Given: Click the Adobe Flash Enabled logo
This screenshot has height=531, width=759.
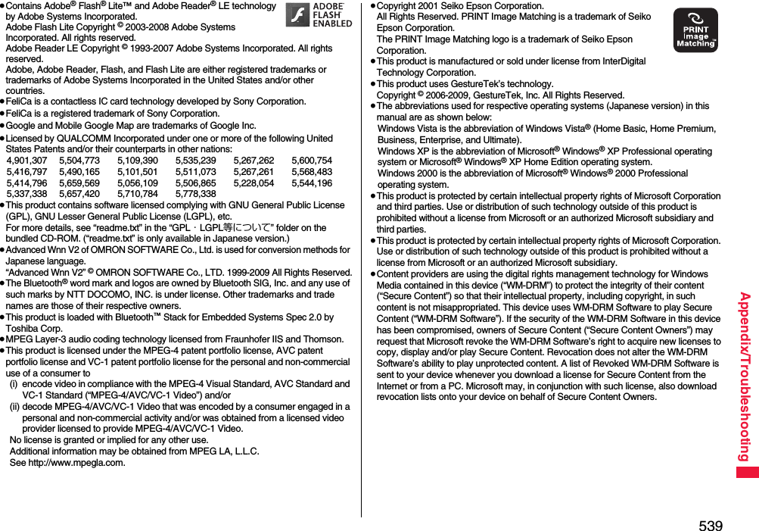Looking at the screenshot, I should click(319, 15).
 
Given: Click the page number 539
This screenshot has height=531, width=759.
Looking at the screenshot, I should click(711, 525).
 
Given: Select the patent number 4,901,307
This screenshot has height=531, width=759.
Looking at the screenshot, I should click(26, 161).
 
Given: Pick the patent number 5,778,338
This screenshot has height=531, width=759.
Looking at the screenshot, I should click(195, 194).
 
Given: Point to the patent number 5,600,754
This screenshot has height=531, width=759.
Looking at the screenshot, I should click(311, 161).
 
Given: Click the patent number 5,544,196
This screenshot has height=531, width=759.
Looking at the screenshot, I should click(311, 183).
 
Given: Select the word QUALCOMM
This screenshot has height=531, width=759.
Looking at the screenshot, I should click(82, 139).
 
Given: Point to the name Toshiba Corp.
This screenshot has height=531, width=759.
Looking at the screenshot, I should click(34, 329).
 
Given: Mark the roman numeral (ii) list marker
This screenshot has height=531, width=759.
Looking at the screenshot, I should click(15, 406).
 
